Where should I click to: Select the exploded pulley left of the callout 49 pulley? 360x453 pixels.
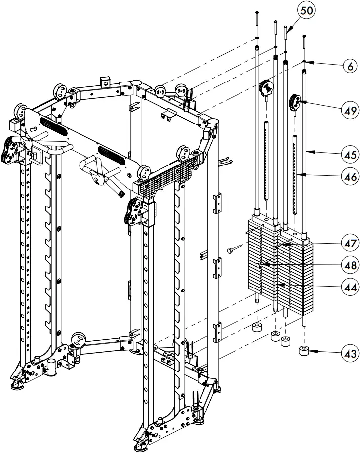tap(266, 87)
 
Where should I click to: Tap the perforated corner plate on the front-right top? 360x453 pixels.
tap(165, 175)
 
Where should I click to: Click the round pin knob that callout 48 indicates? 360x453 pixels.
tap(258, 265)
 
